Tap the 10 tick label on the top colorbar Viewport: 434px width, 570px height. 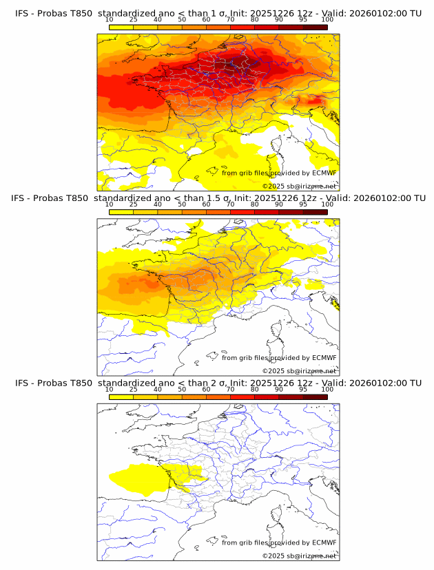(110, 20)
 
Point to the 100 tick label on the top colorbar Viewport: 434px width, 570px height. (327, 20)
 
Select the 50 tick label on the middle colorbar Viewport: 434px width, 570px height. (182, 204)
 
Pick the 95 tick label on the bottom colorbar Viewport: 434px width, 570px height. (303, 389)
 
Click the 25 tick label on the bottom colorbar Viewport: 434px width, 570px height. (133, 389)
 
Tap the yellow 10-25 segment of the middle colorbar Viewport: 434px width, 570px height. (121, 211)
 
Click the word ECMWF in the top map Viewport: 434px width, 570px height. (324, 173)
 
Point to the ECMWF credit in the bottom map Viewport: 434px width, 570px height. (324, 542)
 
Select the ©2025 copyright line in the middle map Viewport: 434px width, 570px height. (300, 371)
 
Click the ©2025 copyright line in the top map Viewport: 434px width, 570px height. (300, 187)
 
